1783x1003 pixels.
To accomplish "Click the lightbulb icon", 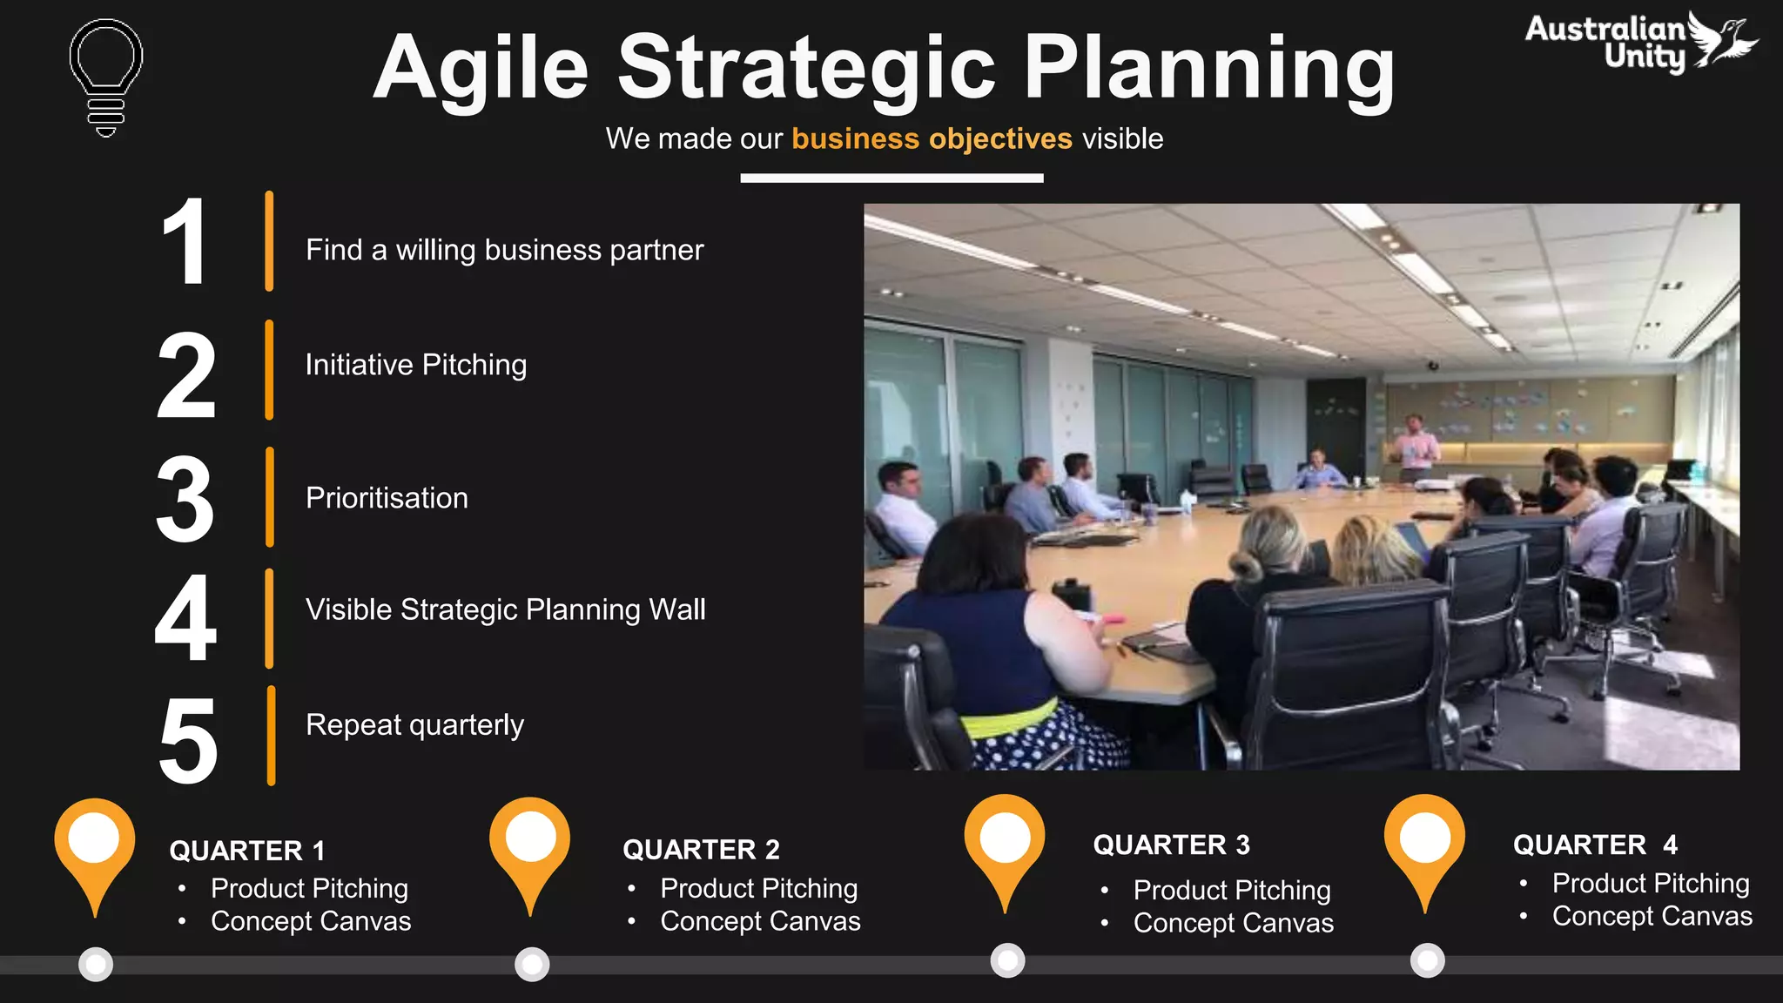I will pyautogui.click(x=106, y=77).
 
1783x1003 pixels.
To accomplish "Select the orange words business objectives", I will pyautogui.click(x=932, y=139).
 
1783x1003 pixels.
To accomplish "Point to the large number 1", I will pyautogui.click(x=185, y=242).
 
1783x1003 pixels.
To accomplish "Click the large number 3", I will pyautogui.click(x=185, y=500).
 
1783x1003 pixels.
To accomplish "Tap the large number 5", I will pyautogui.click(x=187, y=740).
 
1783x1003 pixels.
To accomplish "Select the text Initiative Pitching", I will pyautogui.click(x=416, y=365).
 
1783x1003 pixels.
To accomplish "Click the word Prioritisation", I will pyautogui.click(x=387, y=498).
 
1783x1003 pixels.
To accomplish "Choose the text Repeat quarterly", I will pyautogui.click(x=414, y=725).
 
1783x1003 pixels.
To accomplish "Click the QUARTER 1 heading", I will pyautogui.click(x=247, y=851).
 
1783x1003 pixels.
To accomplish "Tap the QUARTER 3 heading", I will pyautogui.click(x=1171, y=845).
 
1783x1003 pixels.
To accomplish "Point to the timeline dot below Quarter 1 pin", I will pyautogui.click(x=96, y=964).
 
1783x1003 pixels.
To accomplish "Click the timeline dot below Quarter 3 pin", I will pyautogui.click(x=1007, y=960).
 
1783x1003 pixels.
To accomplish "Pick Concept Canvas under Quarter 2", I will pyautogui.click(x=760, y=921).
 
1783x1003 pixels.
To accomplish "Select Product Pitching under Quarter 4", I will pyautogui.click(x=1651, y=883).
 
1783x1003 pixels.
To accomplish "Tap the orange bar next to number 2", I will pyautogui.click(x=270, y=370).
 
